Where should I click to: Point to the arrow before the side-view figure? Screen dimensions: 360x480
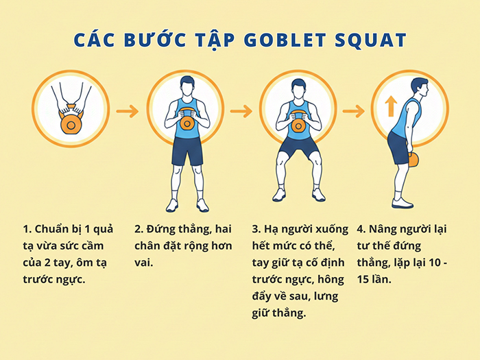pos(354,110)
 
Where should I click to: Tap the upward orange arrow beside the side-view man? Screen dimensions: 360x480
pos(391,106)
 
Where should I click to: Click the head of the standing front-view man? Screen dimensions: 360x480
pos(187,86)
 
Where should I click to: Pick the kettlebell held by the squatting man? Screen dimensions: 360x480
pos(298,124)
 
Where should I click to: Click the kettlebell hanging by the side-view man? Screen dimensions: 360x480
pos(413,159)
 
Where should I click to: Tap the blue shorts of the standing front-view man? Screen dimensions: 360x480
pos(187,152)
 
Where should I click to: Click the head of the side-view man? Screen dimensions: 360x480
pos(419,88)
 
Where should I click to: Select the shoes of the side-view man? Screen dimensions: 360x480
pos(403,202)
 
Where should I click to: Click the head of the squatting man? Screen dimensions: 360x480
pos(298,88)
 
